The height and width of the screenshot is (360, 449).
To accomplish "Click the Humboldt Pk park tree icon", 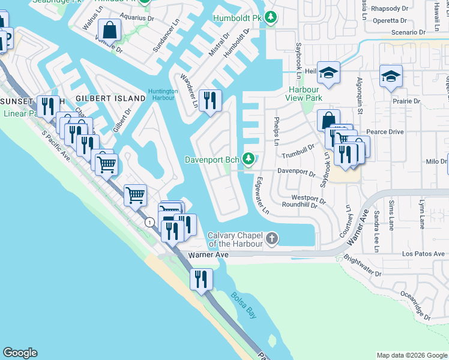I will coord(271,18).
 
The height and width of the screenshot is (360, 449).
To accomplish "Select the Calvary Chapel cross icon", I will coord(271,239).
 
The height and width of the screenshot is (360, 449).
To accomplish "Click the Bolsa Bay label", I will coord(243,299).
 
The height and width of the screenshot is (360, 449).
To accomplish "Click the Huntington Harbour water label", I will coord(163,95).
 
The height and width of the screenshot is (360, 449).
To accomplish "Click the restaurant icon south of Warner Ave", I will coord(200,279).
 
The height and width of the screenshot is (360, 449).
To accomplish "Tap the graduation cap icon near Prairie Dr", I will coord(391,76).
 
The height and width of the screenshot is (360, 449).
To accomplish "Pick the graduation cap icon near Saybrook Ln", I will coord(328,73).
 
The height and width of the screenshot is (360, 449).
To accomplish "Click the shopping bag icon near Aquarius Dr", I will coord(110,29).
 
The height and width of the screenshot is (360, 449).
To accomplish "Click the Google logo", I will coord(20,353).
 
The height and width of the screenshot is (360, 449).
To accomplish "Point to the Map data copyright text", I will coord(411,355).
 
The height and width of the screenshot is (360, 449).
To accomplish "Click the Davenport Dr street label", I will coord(296,172).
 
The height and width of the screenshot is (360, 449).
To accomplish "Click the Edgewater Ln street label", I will coord(261,196).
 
